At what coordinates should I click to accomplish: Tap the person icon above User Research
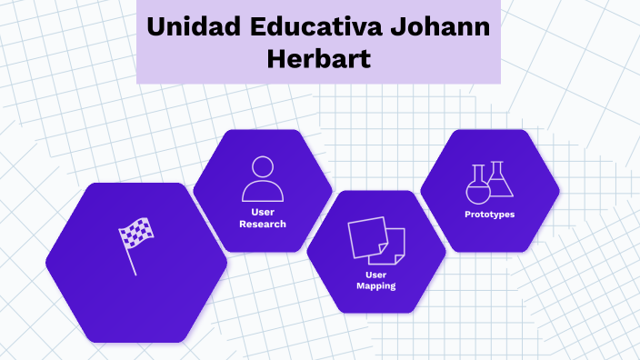[263, 179]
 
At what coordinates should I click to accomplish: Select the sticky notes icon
[375, 240]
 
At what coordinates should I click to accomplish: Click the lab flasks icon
[489, 183]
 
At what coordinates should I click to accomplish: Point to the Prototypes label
[489, 215]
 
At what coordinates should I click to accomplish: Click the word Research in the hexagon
[263, 224]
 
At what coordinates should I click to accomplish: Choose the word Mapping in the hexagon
[375, 285]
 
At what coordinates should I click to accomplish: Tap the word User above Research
[263, 212]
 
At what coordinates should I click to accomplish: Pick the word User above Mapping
[375, 274]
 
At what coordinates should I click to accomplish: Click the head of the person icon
[263, 167]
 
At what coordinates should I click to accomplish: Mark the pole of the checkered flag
[130, 261]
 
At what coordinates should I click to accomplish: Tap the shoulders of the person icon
[263, 192]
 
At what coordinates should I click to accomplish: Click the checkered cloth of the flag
[136, 235]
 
